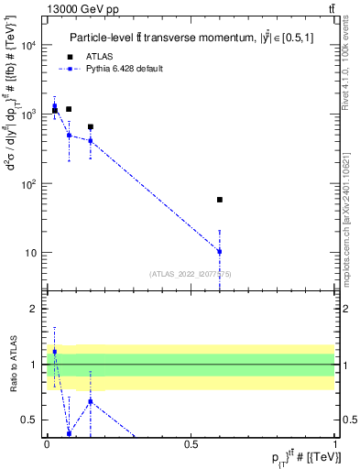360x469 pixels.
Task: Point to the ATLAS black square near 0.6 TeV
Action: [x=220, y=199]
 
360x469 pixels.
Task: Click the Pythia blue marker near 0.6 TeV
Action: [x=220, y=251]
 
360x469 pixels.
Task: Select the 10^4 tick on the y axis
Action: [x=29, y=45]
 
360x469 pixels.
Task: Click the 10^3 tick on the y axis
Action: [x=29, y=115]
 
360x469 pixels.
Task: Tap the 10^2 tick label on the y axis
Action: [x=29, y=183]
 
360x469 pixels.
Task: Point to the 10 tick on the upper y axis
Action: [x=32, y=253]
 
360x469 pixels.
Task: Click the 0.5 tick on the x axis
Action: [x=191, y=442]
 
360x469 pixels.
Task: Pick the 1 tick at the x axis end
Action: [x=334, y=442]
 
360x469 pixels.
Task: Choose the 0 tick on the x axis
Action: [x=47, y=442]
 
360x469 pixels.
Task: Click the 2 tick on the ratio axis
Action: [x=36, y=309]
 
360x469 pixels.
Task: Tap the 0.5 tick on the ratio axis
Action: [x=33, y=420]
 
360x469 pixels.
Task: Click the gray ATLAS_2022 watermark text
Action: [x=191, y=273]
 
